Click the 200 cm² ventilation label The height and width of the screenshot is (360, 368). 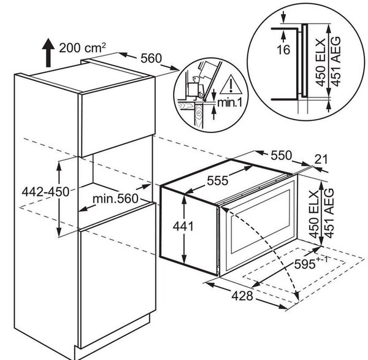coord(82,48)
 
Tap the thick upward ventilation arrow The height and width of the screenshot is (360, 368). coord(48,53)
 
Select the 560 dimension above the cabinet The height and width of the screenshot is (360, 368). coord(151,58)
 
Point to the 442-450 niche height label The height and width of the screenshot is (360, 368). coord(45,192)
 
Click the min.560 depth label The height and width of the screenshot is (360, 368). coord(115,199)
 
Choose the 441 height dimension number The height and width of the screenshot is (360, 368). coord(183,226)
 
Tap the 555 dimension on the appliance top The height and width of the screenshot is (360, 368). coord(218,180)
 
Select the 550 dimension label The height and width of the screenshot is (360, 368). coord(282,155)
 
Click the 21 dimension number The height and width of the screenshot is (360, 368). coord(321,159)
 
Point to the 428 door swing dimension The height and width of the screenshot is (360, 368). coord(242,296)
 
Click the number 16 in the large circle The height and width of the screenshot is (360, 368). coord(283,50)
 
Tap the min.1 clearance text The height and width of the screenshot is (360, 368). coord(229,102)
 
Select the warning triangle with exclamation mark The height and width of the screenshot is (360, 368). coord(231,84)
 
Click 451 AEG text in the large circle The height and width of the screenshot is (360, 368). coord(335,61)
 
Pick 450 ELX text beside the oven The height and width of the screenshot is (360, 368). coord(314,213)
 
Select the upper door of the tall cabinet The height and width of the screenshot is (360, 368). coord(118,117)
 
